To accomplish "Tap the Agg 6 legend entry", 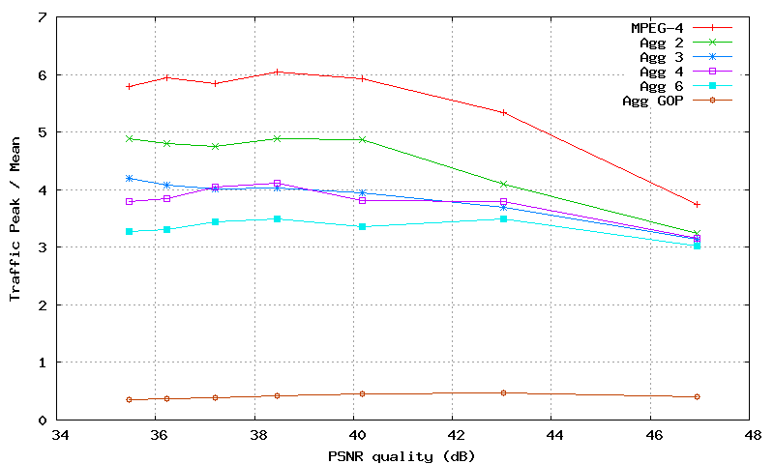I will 663,86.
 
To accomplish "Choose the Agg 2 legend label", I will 663,43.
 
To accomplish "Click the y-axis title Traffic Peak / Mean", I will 15,218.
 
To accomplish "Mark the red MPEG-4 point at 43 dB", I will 504,112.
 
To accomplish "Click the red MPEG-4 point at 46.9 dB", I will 697,204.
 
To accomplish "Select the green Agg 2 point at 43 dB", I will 504,184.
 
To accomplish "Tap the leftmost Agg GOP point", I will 129,399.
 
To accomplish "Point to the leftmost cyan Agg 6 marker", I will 129,231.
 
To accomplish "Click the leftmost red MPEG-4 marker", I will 129,86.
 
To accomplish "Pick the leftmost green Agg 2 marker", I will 129,138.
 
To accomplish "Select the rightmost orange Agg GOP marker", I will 697,396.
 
